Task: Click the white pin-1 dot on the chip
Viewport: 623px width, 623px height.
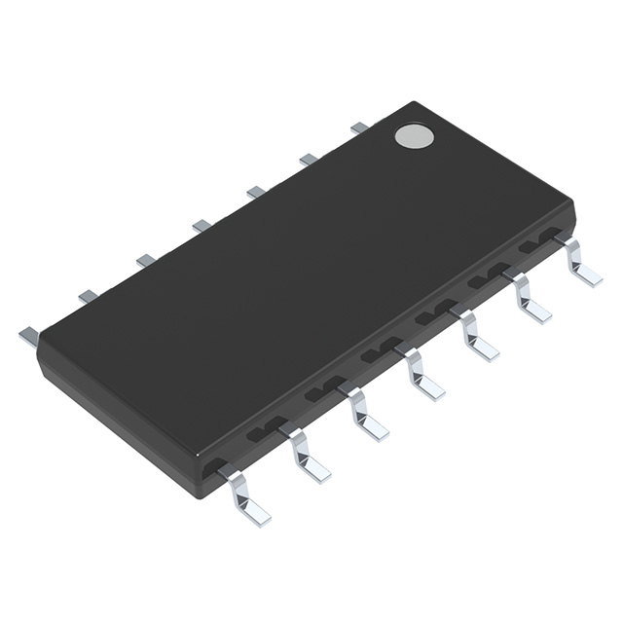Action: coord(414,135)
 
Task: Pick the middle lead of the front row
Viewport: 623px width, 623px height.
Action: coord(421,374)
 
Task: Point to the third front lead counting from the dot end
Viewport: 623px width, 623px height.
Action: coord(476,336)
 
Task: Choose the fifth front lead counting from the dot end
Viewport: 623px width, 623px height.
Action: coord(365,414)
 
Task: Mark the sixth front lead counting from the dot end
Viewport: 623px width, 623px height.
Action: coord(307,455)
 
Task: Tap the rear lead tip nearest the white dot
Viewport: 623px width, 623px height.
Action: coord(359,127)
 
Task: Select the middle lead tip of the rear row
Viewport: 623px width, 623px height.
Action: coord(202,226)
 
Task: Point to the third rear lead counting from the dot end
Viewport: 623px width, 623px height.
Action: coord(256,192)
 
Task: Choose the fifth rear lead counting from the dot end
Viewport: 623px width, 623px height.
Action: coord(146,260)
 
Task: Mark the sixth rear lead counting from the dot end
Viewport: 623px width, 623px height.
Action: coord(89,295)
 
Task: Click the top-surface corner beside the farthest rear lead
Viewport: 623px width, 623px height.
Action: coord(41,344)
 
